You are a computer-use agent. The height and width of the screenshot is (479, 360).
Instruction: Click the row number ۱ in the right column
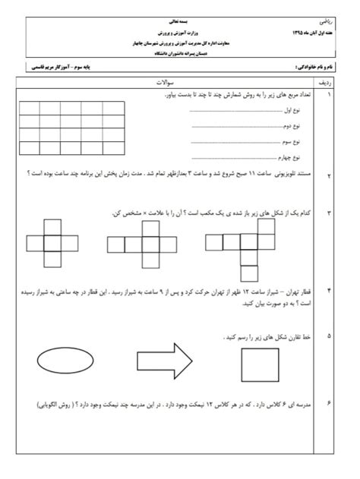pos(329,97)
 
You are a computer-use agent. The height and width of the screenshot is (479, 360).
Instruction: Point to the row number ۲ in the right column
pos(329,176)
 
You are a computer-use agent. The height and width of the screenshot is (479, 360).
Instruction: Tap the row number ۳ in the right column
pos(329,213)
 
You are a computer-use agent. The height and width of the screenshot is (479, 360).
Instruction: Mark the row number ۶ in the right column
pos(329,405)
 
